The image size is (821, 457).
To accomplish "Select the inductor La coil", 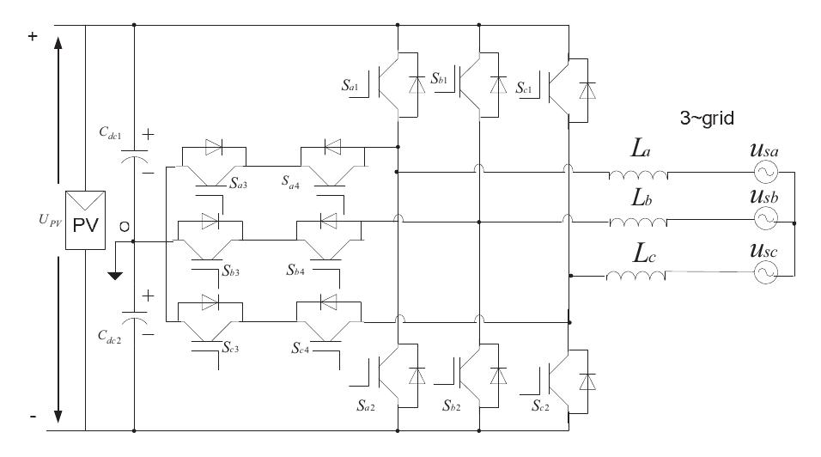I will (638, 174).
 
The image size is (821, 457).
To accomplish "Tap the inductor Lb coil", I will (638, 223).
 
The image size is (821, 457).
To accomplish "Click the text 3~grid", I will (707, 119).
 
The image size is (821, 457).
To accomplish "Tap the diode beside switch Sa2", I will (418, 375).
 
